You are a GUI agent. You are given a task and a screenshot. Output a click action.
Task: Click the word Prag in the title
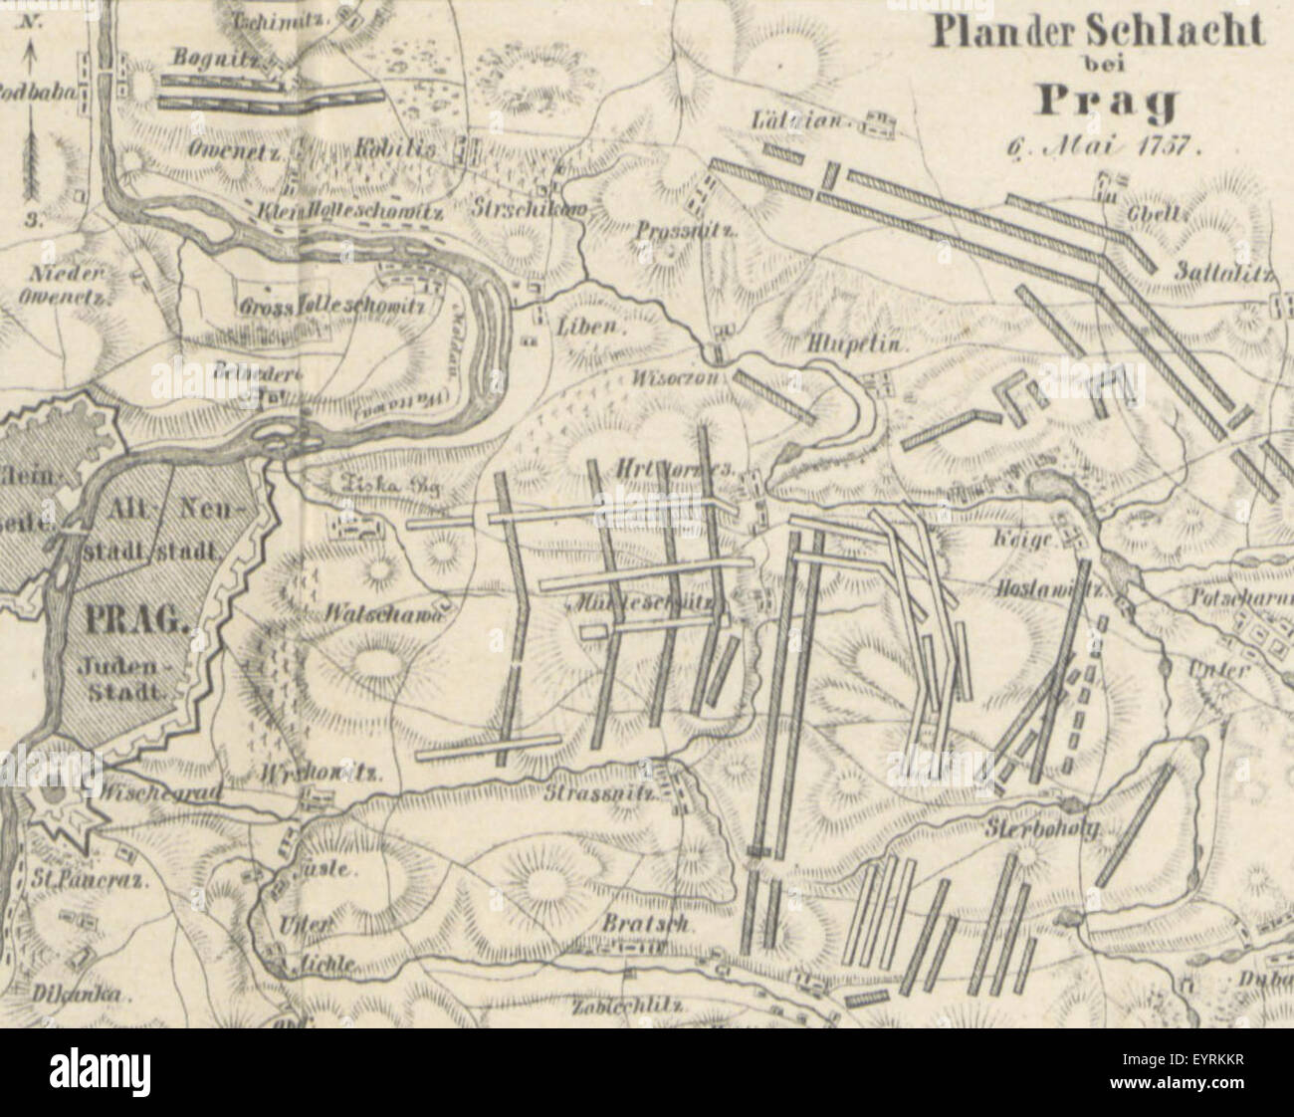pos(1108,102)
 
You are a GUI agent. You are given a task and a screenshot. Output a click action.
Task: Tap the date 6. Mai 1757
pos(1105,142)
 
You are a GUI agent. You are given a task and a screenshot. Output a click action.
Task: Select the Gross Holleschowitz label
pos(331,307)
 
